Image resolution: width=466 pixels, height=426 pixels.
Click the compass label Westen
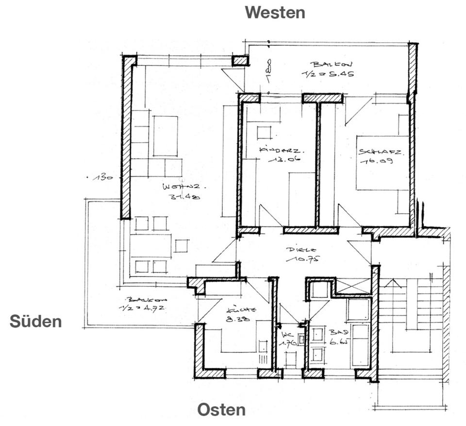click(275, 12)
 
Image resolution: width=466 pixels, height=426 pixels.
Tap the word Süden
click(35, 321)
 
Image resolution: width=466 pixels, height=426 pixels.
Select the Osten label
click(221, 410)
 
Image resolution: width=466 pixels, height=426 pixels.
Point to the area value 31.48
click(184, 197)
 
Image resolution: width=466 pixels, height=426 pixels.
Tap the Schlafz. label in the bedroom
click(380, 151)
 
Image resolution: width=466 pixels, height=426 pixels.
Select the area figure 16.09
click(376, 161)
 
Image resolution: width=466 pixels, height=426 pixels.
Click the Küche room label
click(241, 310)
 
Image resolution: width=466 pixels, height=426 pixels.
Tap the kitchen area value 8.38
click(238, 320)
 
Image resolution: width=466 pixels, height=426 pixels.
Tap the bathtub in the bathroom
click(360, 345)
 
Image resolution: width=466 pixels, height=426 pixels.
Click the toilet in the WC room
click(290, 360)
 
